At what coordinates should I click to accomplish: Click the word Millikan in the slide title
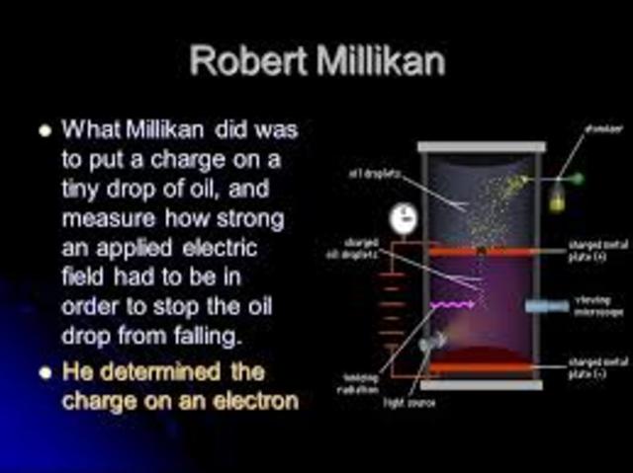point(375,60)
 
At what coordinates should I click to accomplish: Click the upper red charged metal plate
point(481,252)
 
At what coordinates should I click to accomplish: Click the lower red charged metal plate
point(481,367)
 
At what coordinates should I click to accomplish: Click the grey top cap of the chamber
point(481,147)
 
